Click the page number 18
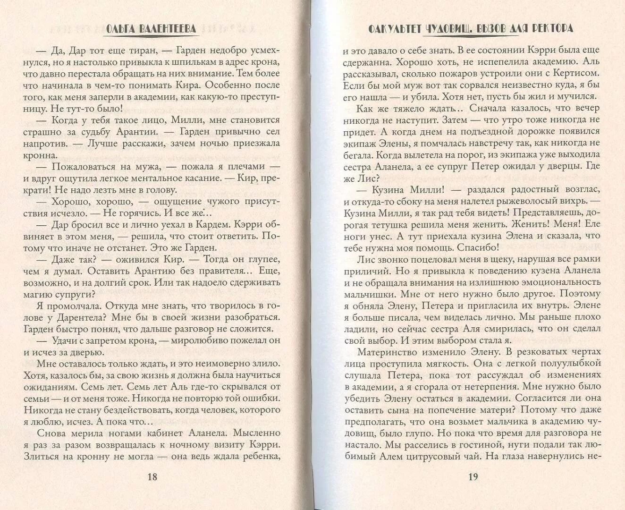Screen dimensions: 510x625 [x=152, y=476]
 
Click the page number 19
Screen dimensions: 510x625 [x=473, y=476]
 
